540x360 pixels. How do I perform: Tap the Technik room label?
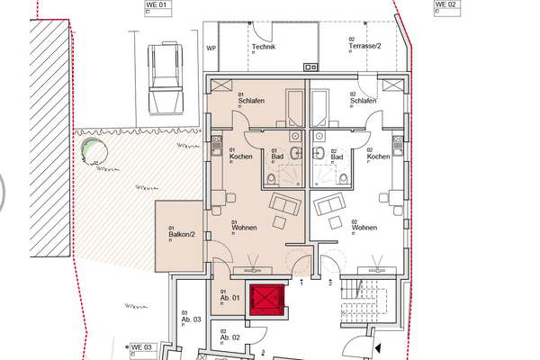[x=263, y=47]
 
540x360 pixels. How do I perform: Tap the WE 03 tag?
[x=143, y=347]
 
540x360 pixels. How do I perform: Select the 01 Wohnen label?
[x=244, y=227]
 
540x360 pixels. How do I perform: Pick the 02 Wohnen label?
[x=363, y=227]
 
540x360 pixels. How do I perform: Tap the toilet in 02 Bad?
[x=344, y=178]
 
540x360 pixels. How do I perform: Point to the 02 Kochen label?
[x=378, y=157]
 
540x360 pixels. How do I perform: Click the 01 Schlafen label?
[x=249, y=101]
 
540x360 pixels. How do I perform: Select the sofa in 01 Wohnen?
[x=285, y=205]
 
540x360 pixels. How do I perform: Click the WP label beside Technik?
[x=211, y=47]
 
